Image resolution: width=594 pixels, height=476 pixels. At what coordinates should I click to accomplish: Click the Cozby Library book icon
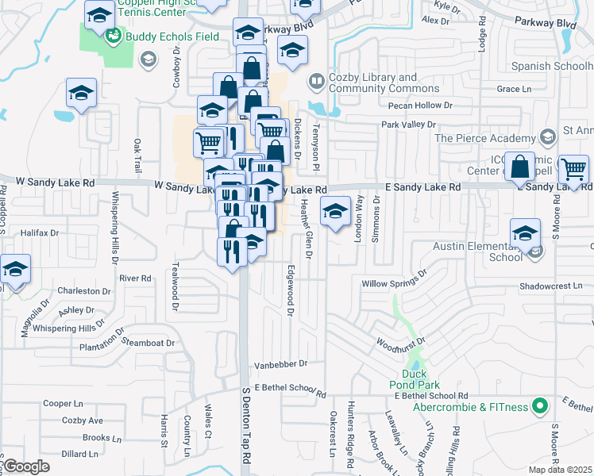pos(316,81)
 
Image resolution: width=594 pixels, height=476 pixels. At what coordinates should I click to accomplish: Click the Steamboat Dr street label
pos(148,343)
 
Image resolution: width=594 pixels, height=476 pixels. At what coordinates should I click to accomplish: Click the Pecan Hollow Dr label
pos(420,105)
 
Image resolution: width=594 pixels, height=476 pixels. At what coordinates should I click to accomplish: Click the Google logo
pos(25,466)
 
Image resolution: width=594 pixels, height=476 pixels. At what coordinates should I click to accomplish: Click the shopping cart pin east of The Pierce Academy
pos(574,168)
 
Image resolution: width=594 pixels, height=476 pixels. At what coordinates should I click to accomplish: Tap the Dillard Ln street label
pos(79,455)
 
